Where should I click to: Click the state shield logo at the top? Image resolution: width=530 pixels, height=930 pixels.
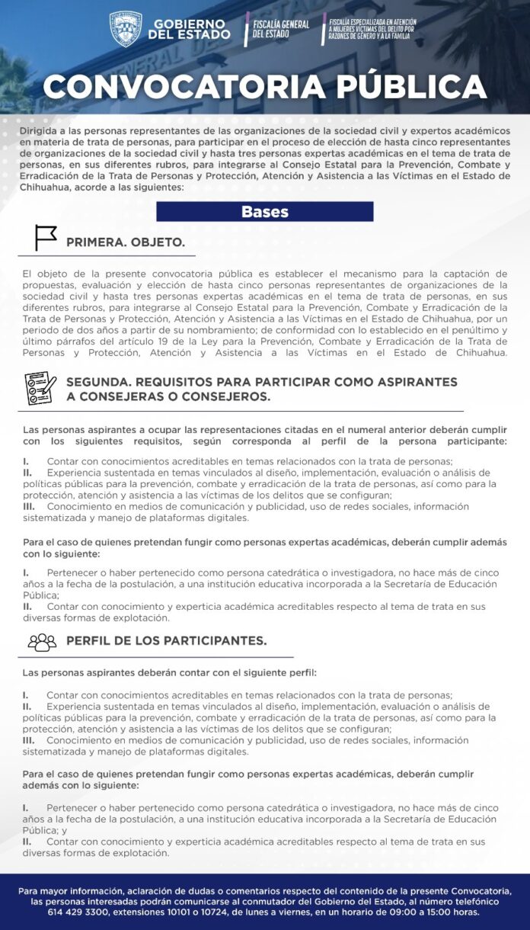(x=126, y=29)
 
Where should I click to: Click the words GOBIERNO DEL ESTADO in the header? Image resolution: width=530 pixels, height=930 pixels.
(x=189, y=29)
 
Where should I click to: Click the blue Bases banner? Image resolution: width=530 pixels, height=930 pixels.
(x=264, y=211)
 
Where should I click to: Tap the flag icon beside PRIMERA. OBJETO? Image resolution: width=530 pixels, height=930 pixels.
(x=46, y=239)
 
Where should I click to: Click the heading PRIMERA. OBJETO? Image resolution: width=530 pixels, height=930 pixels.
(x=126, y=242)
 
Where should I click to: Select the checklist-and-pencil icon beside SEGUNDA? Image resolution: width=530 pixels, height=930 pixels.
(x=40, y=388)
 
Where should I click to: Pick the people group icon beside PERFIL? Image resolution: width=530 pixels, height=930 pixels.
(x=42, y=642)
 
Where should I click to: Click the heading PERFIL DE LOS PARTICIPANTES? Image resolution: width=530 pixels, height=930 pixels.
(x=166, y=641)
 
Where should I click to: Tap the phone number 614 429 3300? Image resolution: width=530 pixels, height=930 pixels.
(x=76, y=912)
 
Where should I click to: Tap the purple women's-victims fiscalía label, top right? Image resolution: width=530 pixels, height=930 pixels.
(x=371, y=29)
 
